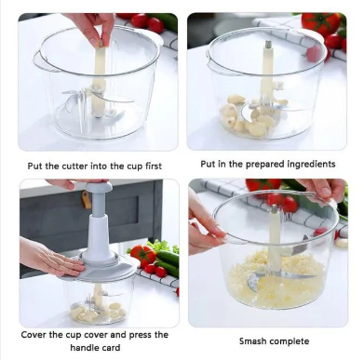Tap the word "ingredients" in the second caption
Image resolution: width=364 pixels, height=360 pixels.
coord(311,164)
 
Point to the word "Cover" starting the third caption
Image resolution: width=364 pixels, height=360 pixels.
coord(33,335)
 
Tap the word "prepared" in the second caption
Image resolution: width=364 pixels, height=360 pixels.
coord(265,164)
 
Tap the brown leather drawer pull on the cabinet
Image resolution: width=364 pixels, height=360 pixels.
coord(87,200)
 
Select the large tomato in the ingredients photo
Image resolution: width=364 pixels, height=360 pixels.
coord(320,24)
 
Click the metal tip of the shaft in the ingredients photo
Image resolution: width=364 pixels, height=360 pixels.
coord(267,44)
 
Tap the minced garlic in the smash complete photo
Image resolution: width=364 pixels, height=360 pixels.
coord(277,281)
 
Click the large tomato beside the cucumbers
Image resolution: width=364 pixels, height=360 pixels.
coord(142,255)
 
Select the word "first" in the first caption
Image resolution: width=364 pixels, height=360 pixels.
coord(154,166)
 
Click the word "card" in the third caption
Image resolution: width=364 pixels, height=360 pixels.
coord(111,347)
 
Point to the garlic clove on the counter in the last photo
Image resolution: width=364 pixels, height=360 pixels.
coord(341,243)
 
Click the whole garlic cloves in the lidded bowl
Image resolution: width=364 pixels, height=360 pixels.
coord(97,312)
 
